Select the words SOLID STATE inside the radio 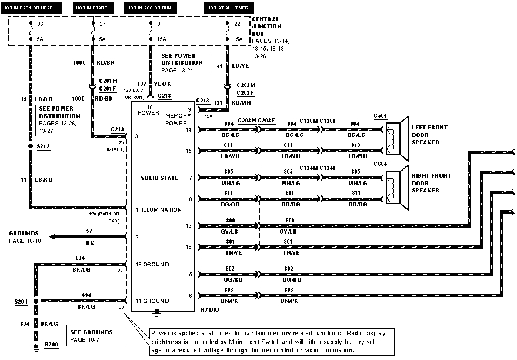(x=159, y=178)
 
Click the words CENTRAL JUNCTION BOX (x=267, y=26)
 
